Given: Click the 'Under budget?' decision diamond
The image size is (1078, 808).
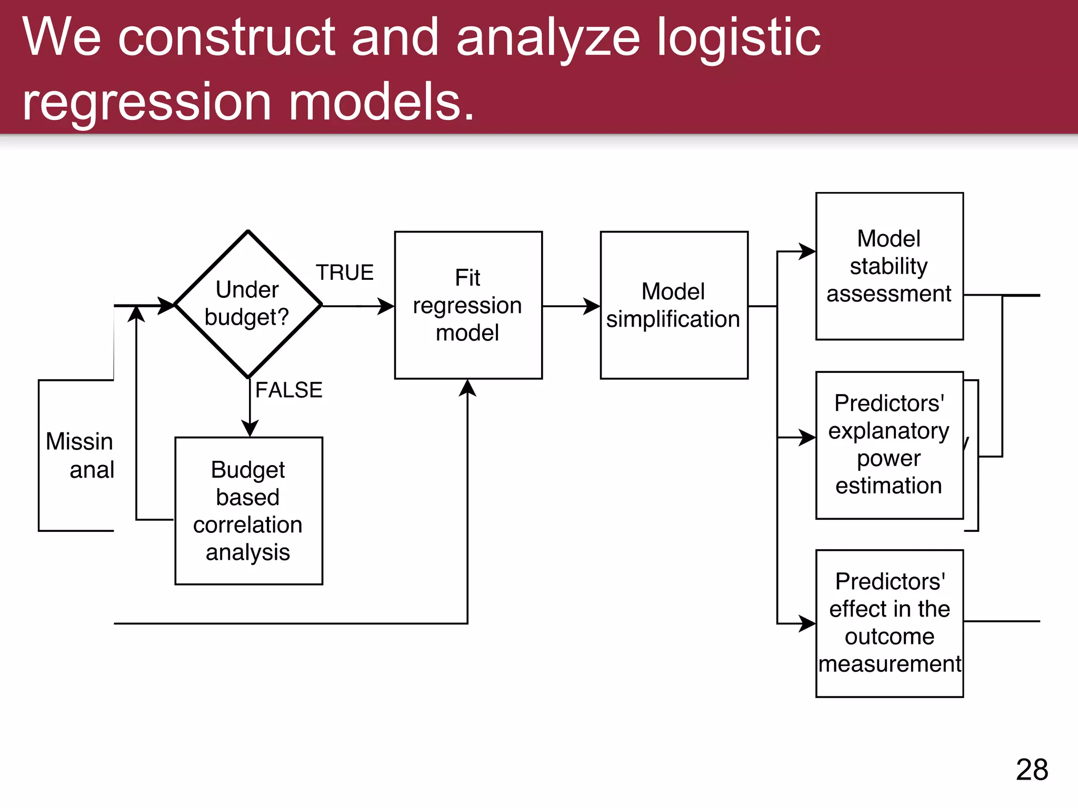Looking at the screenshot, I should click(248, 304).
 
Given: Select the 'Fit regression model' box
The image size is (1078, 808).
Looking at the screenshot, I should click(468, 305).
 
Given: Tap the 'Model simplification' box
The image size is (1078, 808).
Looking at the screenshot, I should click(674, 305).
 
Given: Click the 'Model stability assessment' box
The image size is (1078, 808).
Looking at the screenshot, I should click(889, 266).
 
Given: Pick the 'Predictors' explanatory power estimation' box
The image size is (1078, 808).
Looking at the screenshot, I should click(889, 445).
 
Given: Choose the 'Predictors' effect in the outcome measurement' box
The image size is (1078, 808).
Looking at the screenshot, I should click(889, 623).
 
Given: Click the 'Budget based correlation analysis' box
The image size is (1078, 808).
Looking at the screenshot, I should click(248, 510).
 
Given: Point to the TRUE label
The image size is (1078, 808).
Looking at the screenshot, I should click(345, 272).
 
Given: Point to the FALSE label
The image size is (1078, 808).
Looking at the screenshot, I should click(288, 390).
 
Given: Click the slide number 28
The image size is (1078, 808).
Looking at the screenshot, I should click(1032, 770).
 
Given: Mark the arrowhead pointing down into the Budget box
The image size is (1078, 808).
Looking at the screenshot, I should click(249, 428).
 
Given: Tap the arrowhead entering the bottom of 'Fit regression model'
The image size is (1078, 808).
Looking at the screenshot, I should click(467, 387).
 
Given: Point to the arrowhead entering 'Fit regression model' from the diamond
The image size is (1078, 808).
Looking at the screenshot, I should click(386, 306).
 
